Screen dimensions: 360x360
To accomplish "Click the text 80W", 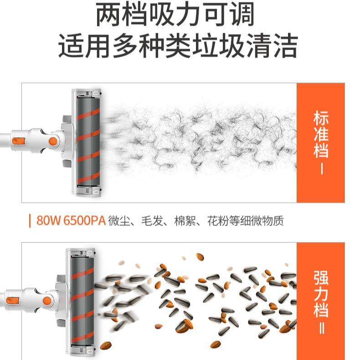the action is [x=48, y=221].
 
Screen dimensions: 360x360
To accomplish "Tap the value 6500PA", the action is [x=84, y=221].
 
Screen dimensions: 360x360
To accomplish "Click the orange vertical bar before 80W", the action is [x=30, y=221].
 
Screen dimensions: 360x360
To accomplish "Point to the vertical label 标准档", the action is [x=321, y=134].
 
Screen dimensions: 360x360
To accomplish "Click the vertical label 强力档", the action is [x=321, y=293].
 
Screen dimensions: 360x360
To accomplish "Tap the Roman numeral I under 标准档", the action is [x=322, y=169].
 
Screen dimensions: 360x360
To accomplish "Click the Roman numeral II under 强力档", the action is [x=322, y=329].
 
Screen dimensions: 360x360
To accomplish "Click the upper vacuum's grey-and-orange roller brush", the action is [x=88, y=141].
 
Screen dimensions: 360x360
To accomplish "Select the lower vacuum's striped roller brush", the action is [x=82, y=301].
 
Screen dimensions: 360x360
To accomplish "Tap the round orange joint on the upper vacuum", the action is [x=53, y=141].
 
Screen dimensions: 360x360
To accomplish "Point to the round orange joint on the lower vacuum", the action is [x=47, y=301].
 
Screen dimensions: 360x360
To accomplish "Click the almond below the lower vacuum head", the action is [x=106, y=345].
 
